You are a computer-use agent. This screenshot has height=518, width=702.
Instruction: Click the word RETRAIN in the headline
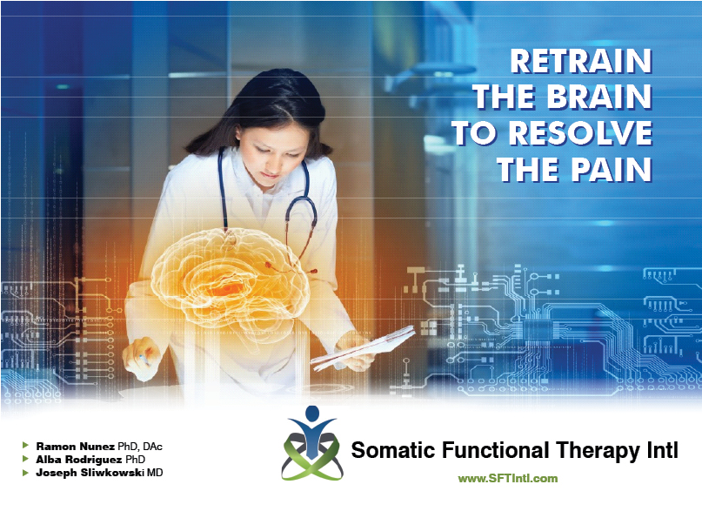[581, 63]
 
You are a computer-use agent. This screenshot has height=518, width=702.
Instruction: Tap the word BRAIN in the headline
[600, 98]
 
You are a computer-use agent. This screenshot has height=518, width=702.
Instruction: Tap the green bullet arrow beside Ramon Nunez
[25, 446]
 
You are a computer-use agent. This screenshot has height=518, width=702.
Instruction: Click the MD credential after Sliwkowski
[154, 472]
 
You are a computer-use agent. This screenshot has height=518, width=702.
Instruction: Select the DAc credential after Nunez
[153, 446]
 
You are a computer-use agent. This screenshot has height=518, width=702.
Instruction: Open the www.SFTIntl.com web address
[508, 478]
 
